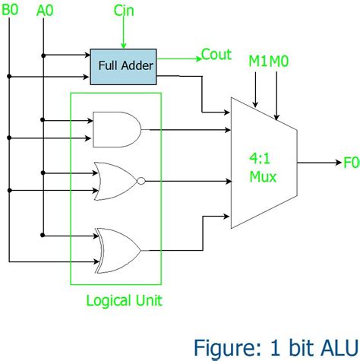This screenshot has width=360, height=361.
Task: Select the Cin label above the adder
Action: coord(124,11)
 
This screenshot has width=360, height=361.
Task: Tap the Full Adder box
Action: coord(122,66)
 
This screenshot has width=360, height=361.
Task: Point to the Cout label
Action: coord(216,55)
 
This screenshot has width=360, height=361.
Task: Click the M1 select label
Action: coord(258,60)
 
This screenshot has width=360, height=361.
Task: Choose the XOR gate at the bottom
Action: coord(118,249)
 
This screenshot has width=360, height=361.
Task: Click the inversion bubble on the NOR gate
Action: coord(141,181)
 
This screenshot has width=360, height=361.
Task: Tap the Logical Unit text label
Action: coord(124,299)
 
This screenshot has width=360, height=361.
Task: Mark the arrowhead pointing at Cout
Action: coord(196,56)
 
